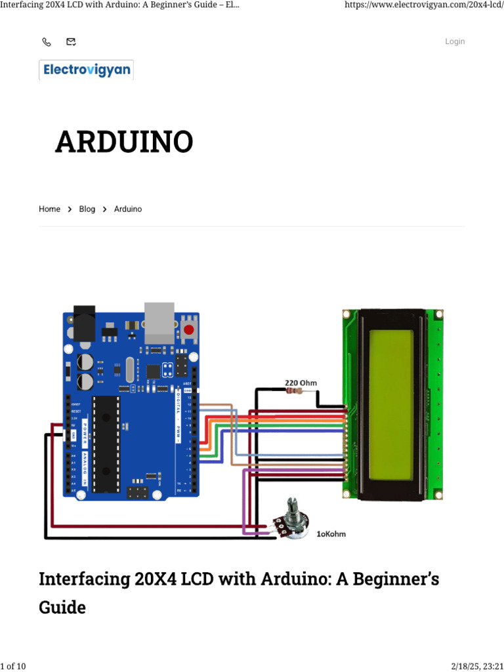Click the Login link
(x=455, y=41)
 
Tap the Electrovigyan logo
(x=86, y=70)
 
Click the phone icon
(x=47, y=42)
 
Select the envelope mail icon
(x=71, y=42)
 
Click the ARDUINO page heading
(x=124, y=142)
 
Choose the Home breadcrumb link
(x=49, y=209)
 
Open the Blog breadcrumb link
(x=87, y=209)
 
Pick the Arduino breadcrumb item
(x=128, y=209)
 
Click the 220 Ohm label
(x=299, y=382)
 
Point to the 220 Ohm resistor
(x=295, y=391)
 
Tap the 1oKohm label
(x=331, y=534)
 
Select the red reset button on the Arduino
(x=190, y=329)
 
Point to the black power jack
(x=85, y=323)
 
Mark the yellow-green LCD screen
(x=391, y=405)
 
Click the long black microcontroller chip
(x=106, y=444)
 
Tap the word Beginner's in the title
(x=394, y=579)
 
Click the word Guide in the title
(x=62, y=607)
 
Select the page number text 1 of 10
(x=13, y=667)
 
